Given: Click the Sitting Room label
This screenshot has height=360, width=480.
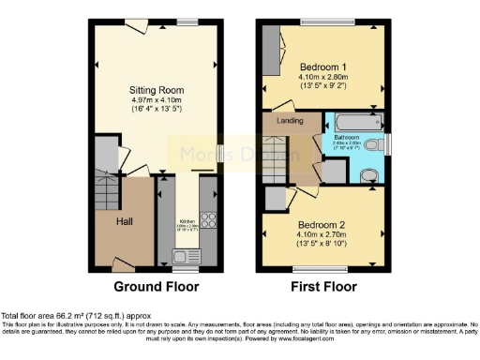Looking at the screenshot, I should point(155,90).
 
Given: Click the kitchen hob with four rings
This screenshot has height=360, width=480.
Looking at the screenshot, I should point(207,222).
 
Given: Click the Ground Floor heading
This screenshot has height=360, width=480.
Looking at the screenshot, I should point(155,287).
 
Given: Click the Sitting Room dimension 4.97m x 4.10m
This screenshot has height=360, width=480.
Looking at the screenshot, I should point(155,101).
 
